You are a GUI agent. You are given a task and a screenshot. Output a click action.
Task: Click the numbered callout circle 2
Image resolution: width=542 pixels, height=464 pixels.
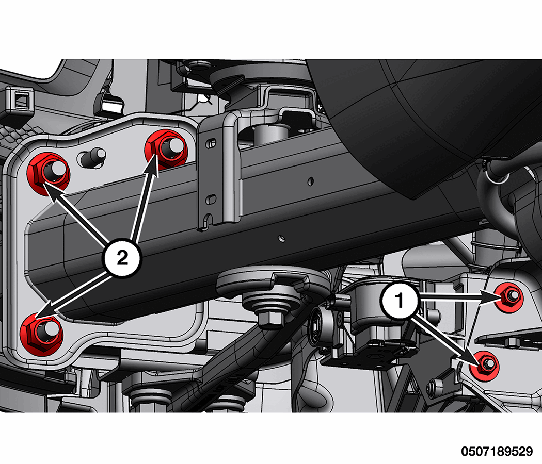pos(122,258)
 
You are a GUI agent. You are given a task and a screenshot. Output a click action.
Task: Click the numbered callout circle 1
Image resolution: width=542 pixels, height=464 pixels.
pos(400,300)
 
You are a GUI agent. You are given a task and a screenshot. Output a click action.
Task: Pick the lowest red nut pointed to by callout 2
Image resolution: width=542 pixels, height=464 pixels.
pos(41,333)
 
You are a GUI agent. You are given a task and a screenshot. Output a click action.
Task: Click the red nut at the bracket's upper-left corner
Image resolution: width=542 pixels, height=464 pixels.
pos(49,173)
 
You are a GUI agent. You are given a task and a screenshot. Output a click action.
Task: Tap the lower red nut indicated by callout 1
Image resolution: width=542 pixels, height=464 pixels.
pos(485,365)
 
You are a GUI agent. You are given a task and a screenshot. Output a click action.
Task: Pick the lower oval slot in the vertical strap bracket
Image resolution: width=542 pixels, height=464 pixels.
pos(211,199)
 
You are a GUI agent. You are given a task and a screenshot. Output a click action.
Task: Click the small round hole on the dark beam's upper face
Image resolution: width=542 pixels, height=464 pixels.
pos(310,181)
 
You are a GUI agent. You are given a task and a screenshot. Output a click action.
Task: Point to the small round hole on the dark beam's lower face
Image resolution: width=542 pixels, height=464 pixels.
pos(282,238)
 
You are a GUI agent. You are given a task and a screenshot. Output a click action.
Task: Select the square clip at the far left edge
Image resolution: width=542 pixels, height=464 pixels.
pos(20,100)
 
